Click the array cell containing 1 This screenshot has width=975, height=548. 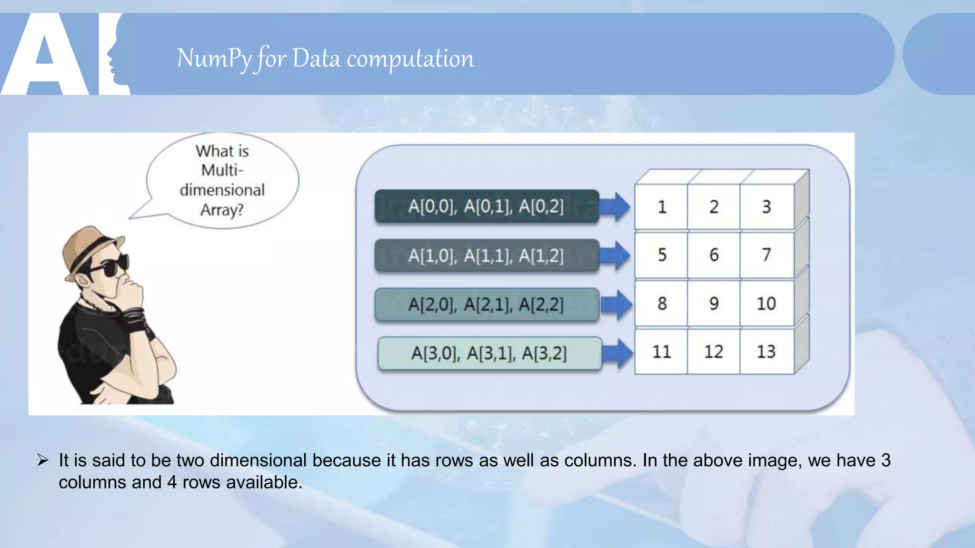(x=661, y=207)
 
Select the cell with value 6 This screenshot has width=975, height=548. (x=714, y=255)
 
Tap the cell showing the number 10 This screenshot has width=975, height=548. (x=766, y=303)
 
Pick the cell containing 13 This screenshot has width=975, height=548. (x=766, y=352)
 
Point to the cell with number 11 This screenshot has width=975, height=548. (x=661, y=352)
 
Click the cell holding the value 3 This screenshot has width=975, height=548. (x=766, y=207)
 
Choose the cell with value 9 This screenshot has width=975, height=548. (x=714, y=303)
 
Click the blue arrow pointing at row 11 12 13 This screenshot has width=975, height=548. (x=617, y=353)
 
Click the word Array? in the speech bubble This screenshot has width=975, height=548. (x=221, y=210)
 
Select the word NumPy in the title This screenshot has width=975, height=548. (x=214, y=59)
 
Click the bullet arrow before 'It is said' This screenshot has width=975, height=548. (x=43, y=460)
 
